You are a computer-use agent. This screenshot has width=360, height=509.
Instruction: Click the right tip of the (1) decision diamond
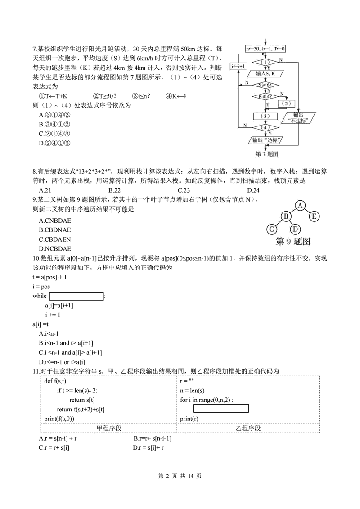point(279,62)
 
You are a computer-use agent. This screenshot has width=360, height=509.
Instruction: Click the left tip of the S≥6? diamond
point(253,86)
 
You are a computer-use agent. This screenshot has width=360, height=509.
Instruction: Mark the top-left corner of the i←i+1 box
point(230,63)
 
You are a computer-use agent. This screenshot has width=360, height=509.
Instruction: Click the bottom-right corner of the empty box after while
point(103,300)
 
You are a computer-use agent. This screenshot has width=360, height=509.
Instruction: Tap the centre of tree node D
point(295,230)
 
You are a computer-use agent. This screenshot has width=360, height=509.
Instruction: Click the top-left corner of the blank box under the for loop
point(194,405)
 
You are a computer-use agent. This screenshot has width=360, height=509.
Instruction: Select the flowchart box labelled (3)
point(265,116)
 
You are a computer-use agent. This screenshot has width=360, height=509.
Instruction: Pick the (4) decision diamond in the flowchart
point(265,127)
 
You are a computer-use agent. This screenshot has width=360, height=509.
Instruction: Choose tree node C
point(272,230)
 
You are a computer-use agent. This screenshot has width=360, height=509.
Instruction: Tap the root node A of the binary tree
point(300,206)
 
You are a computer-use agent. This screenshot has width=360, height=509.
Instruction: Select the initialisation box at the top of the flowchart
point(265,49)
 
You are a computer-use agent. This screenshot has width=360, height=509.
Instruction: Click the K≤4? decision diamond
point(265,96)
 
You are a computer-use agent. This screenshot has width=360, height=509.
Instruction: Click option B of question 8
point(115,190)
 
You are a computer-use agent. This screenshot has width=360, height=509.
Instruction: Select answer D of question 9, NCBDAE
point(55,249)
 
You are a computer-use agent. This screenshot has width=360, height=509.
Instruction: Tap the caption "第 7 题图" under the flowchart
point(267,154)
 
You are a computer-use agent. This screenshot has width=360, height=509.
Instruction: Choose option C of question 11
point(54,448)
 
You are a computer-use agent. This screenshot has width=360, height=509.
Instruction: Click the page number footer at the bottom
point(180,476)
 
